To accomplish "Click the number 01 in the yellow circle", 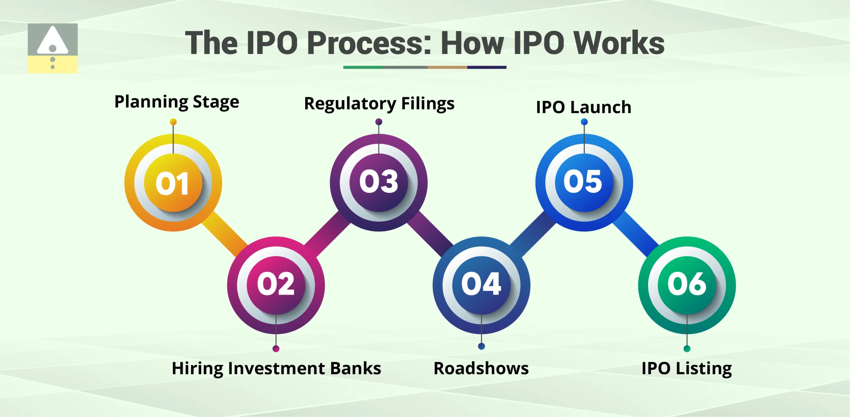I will coord(173,183).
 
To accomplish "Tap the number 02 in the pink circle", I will coord(276,284).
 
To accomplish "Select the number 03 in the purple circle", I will coord(379,181).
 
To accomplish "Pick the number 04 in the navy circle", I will coord(481,284).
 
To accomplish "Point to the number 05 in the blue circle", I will coord(583,181).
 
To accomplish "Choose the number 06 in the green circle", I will coord(687,284).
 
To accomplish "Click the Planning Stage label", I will coord(177,102).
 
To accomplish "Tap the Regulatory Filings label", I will coord(379,104).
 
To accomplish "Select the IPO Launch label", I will coord(583,107).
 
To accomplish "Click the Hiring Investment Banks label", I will coord(276,369).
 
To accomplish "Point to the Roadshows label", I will coord(481,369).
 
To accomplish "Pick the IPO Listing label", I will coord(687,369).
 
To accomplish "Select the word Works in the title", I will coord(619,43).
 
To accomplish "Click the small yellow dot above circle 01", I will coord(173,122).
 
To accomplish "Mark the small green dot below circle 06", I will coord(687,349).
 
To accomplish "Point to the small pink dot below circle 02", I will coord(276,349).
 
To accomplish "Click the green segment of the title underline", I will coord(363,67).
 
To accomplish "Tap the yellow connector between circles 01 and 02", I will coord(224,234).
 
